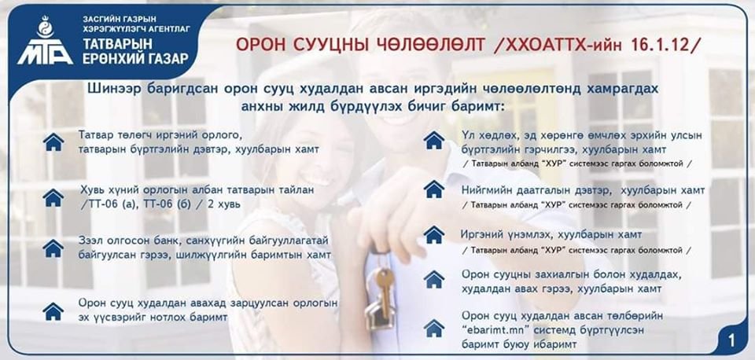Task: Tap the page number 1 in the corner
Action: coord(731,341)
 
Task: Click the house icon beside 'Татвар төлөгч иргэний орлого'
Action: coord(53,142)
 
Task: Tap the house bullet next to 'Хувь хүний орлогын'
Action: coord(53,197)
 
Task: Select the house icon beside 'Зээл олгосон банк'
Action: coord(53,248)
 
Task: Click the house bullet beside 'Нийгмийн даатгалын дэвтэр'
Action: coord(434,189)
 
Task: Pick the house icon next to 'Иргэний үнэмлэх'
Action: coord(434,234)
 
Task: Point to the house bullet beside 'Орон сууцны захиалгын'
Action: coord(434,279)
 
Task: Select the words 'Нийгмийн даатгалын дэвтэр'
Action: coord(536,190)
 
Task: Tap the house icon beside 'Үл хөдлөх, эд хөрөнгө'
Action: coord(434,140)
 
